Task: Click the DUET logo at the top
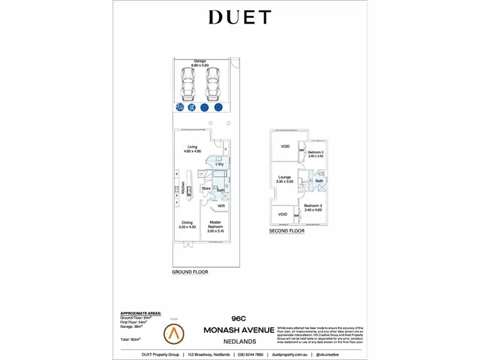pos(240,17)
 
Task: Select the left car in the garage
pos(188,83)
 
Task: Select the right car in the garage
pos(212,83)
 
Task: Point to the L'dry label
pos(219,165)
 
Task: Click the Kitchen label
pos(183,188)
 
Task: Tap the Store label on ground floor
pos(206,188)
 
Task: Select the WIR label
pos(221,206)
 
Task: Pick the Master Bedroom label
pos(216,225)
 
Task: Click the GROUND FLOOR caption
pos(189,272)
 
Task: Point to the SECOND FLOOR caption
pos(287,231)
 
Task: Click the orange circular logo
pos(173,331)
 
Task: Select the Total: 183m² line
pos(131,339)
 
